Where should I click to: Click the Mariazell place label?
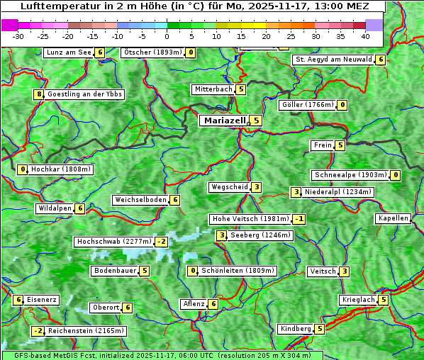pyautogui.click(x=224, y=120)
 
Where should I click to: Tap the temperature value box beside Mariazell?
pyautogui.click(x=256, y=120)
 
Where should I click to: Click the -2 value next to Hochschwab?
pyautogui.click(x=161, y=242)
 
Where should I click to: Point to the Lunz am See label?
pyautogui.click(x=68, y=52)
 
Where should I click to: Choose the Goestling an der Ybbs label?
pyautogui.click(x=84, y=94)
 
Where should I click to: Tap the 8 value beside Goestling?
pyautogui.click(x=38, y=94)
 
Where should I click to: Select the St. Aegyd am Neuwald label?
pyautogui.click(x=333, y=60)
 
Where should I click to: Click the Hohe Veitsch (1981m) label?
pyautogui.click(x=251, y=219)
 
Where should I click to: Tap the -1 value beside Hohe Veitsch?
pyautogui.click(x=299, y=219)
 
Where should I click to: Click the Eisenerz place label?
pyautogui.click(x=42, y=300)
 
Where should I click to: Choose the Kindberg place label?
pyautogui.click(x=296, y=329)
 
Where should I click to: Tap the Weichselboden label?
pyautogui.click(x=140, y=200)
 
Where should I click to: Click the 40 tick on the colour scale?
pyautogui.click(x=364, y=35)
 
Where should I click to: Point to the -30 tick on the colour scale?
pyautogui.click(x=18, y=35)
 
